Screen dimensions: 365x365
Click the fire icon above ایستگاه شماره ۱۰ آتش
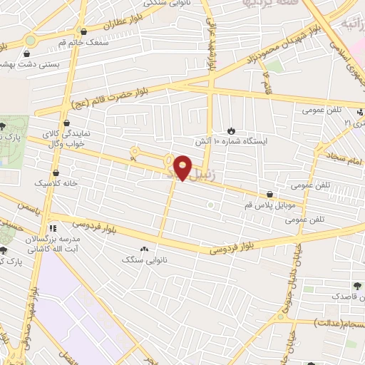[230, 130]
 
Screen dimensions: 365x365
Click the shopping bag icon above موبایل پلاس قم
[269, 193]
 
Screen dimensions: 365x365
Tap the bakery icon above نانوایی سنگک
[145, 249]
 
